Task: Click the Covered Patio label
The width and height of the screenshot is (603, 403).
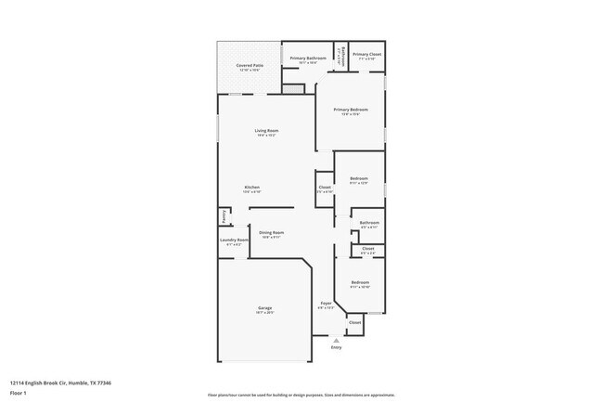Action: pos(248,66)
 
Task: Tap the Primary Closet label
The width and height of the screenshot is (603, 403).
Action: pos(367,55)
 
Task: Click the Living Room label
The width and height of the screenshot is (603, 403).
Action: pos(266,131)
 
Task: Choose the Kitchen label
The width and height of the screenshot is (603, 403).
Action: pos(251,188)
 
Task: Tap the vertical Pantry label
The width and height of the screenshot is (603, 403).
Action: pos(223,216)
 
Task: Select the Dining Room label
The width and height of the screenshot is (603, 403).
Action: pos(271,233)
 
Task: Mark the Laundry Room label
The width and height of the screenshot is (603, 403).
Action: pos(234,240)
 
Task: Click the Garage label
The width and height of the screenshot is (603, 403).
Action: pos(264,308)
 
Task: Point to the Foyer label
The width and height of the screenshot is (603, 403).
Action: pos(326,304)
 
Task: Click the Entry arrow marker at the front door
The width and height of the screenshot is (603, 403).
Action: pos(336,340)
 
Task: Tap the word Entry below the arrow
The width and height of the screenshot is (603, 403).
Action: pos(336,347)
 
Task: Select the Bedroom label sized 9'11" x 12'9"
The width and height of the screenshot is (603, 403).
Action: pos(359,178)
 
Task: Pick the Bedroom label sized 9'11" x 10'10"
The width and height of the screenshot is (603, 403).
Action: pos(359,283)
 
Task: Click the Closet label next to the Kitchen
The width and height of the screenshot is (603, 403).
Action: pos(325,188)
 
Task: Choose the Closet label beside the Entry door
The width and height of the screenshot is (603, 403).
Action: pos(354,322)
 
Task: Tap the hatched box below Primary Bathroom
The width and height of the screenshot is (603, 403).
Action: pos(293,89)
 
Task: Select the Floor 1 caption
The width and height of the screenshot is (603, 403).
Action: pos(18,393)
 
